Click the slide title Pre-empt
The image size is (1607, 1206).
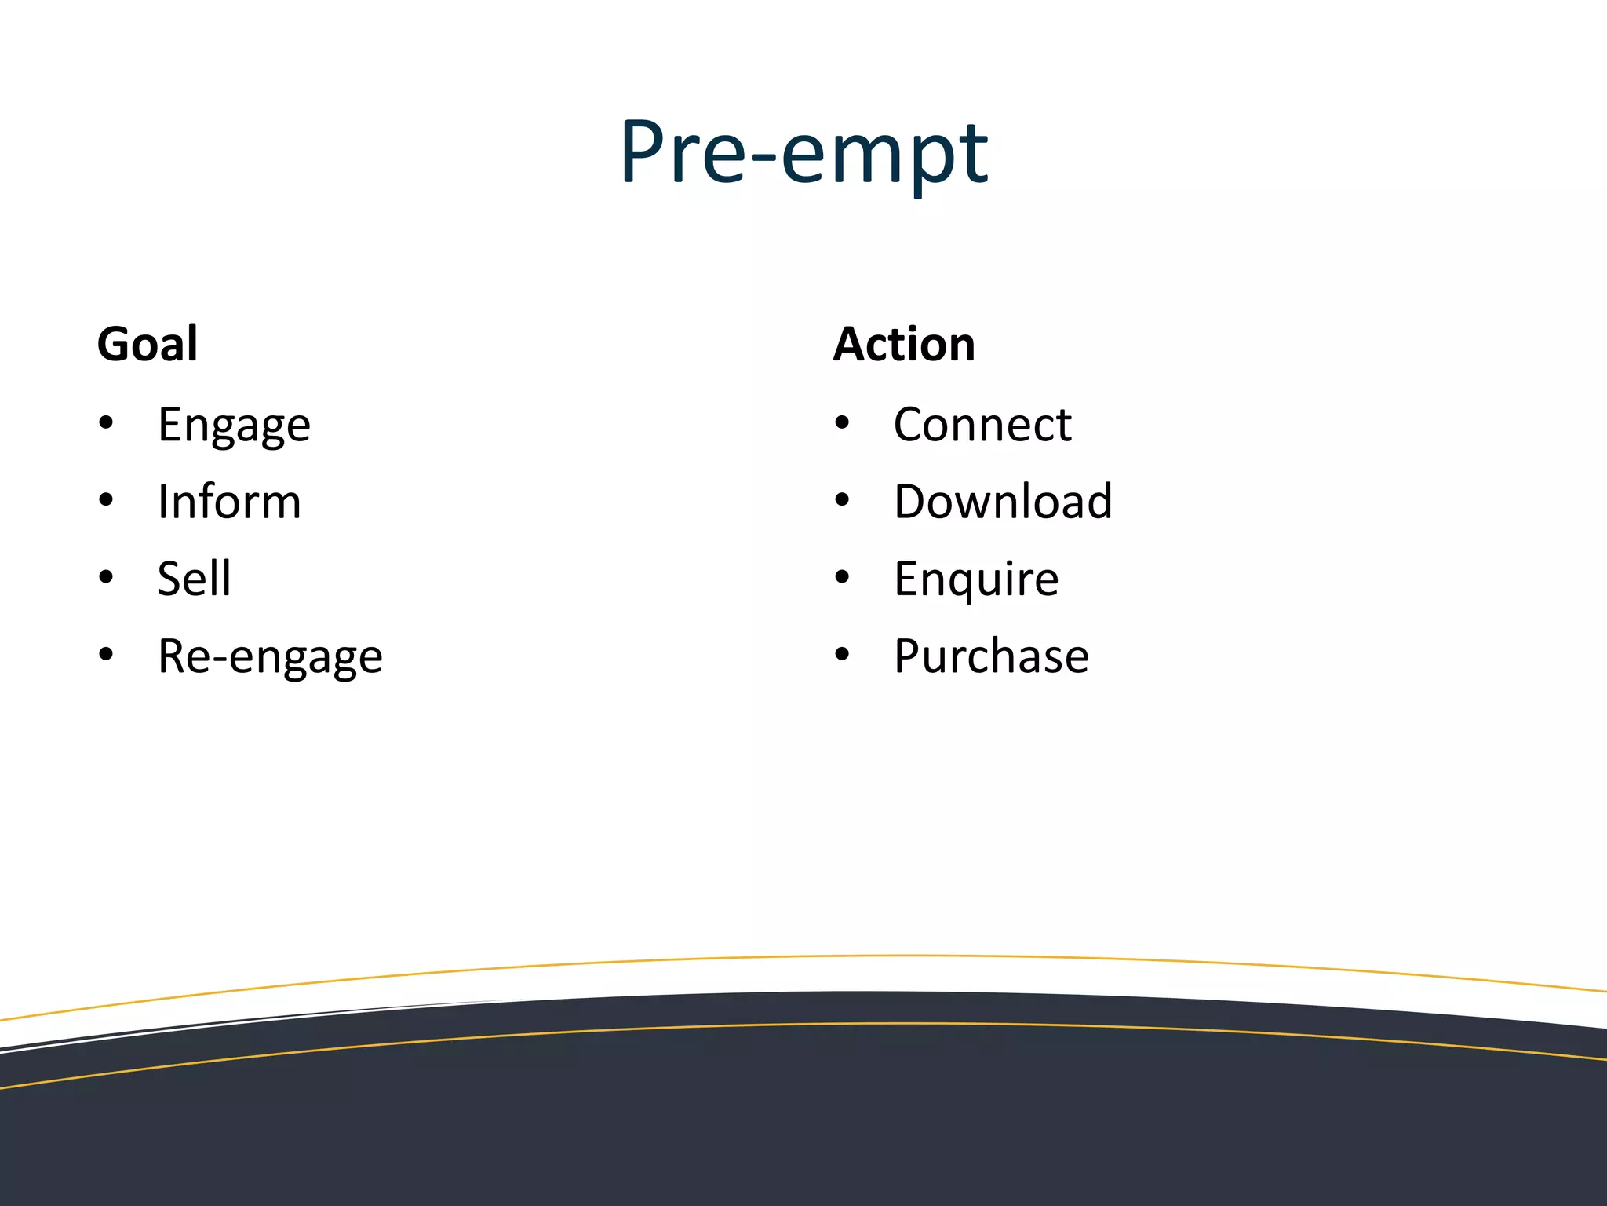[803, 153]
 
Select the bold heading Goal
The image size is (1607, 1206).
[148, 345]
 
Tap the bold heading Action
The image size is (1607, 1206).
[904, 345]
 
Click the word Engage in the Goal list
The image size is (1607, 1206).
[234, 426]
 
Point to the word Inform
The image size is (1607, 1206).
[229, 502]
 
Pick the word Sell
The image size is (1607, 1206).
[194, 579]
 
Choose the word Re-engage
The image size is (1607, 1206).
[270, 656]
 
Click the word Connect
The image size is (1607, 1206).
[982, 426]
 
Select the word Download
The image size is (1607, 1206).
[1003, 502]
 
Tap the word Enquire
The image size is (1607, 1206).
[976, 579]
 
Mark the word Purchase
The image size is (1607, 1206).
[991, 656]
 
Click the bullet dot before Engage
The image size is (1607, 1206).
[106, 423]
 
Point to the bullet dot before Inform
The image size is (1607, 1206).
[106, 500]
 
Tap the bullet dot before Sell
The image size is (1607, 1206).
[106, 577]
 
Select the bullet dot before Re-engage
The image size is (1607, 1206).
[106, 654]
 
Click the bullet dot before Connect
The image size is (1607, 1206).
[842, 423]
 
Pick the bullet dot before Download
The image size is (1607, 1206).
[842, 500]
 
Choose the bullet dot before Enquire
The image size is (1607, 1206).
[842, 577]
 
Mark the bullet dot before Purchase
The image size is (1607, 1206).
[842, 654]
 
